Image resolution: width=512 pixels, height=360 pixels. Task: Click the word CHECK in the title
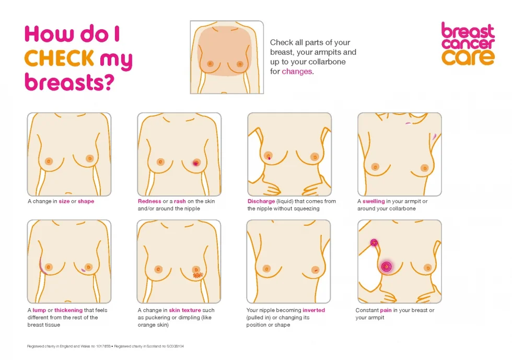point(59,58)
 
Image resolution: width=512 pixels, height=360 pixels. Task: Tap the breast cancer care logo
point(468,43)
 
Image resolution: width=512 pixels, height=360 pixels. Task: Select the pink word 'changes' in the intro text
point(297,72)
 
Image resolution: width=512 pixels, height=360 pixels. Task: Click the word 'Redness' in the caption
point(149,201)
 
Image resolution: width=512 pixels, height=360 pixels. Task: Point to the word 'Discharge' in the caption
point(261,201)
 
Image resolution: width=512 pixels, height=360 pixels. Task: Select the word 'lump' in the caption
point(39,310)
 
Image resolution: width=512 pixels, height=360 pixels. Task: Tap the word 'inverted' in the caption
point(313,310)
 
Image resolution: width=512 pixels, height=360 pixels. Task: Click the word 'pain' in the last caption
point(386,310)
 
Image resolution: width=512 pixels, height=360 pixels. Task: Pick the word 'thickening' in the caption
point(68,310)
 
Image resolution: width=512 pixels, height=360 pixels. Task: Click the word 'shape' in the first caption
point(86,201)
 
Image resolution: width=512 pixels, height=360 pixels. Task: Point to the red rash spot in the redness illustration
point(196,163)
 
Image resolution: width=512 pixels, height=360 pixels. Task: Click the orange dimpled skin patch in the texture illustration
point(198,275)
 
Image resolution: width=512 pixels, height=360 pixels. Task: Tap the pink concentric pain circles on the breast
point(386,266)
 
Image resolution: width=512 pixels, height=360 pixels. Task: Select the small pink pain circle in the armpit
point(374,242)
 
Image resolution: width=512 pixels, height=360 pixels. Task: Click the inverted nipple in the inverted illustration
point(315,270)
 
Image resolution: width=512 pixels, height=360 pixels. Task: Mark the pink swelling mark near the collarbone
point(408,123)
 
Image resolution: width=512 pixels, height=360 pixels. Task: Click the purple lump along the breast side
point(42,265)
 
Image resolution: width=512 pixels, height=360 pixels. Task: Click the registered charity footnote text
point(105,346)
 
